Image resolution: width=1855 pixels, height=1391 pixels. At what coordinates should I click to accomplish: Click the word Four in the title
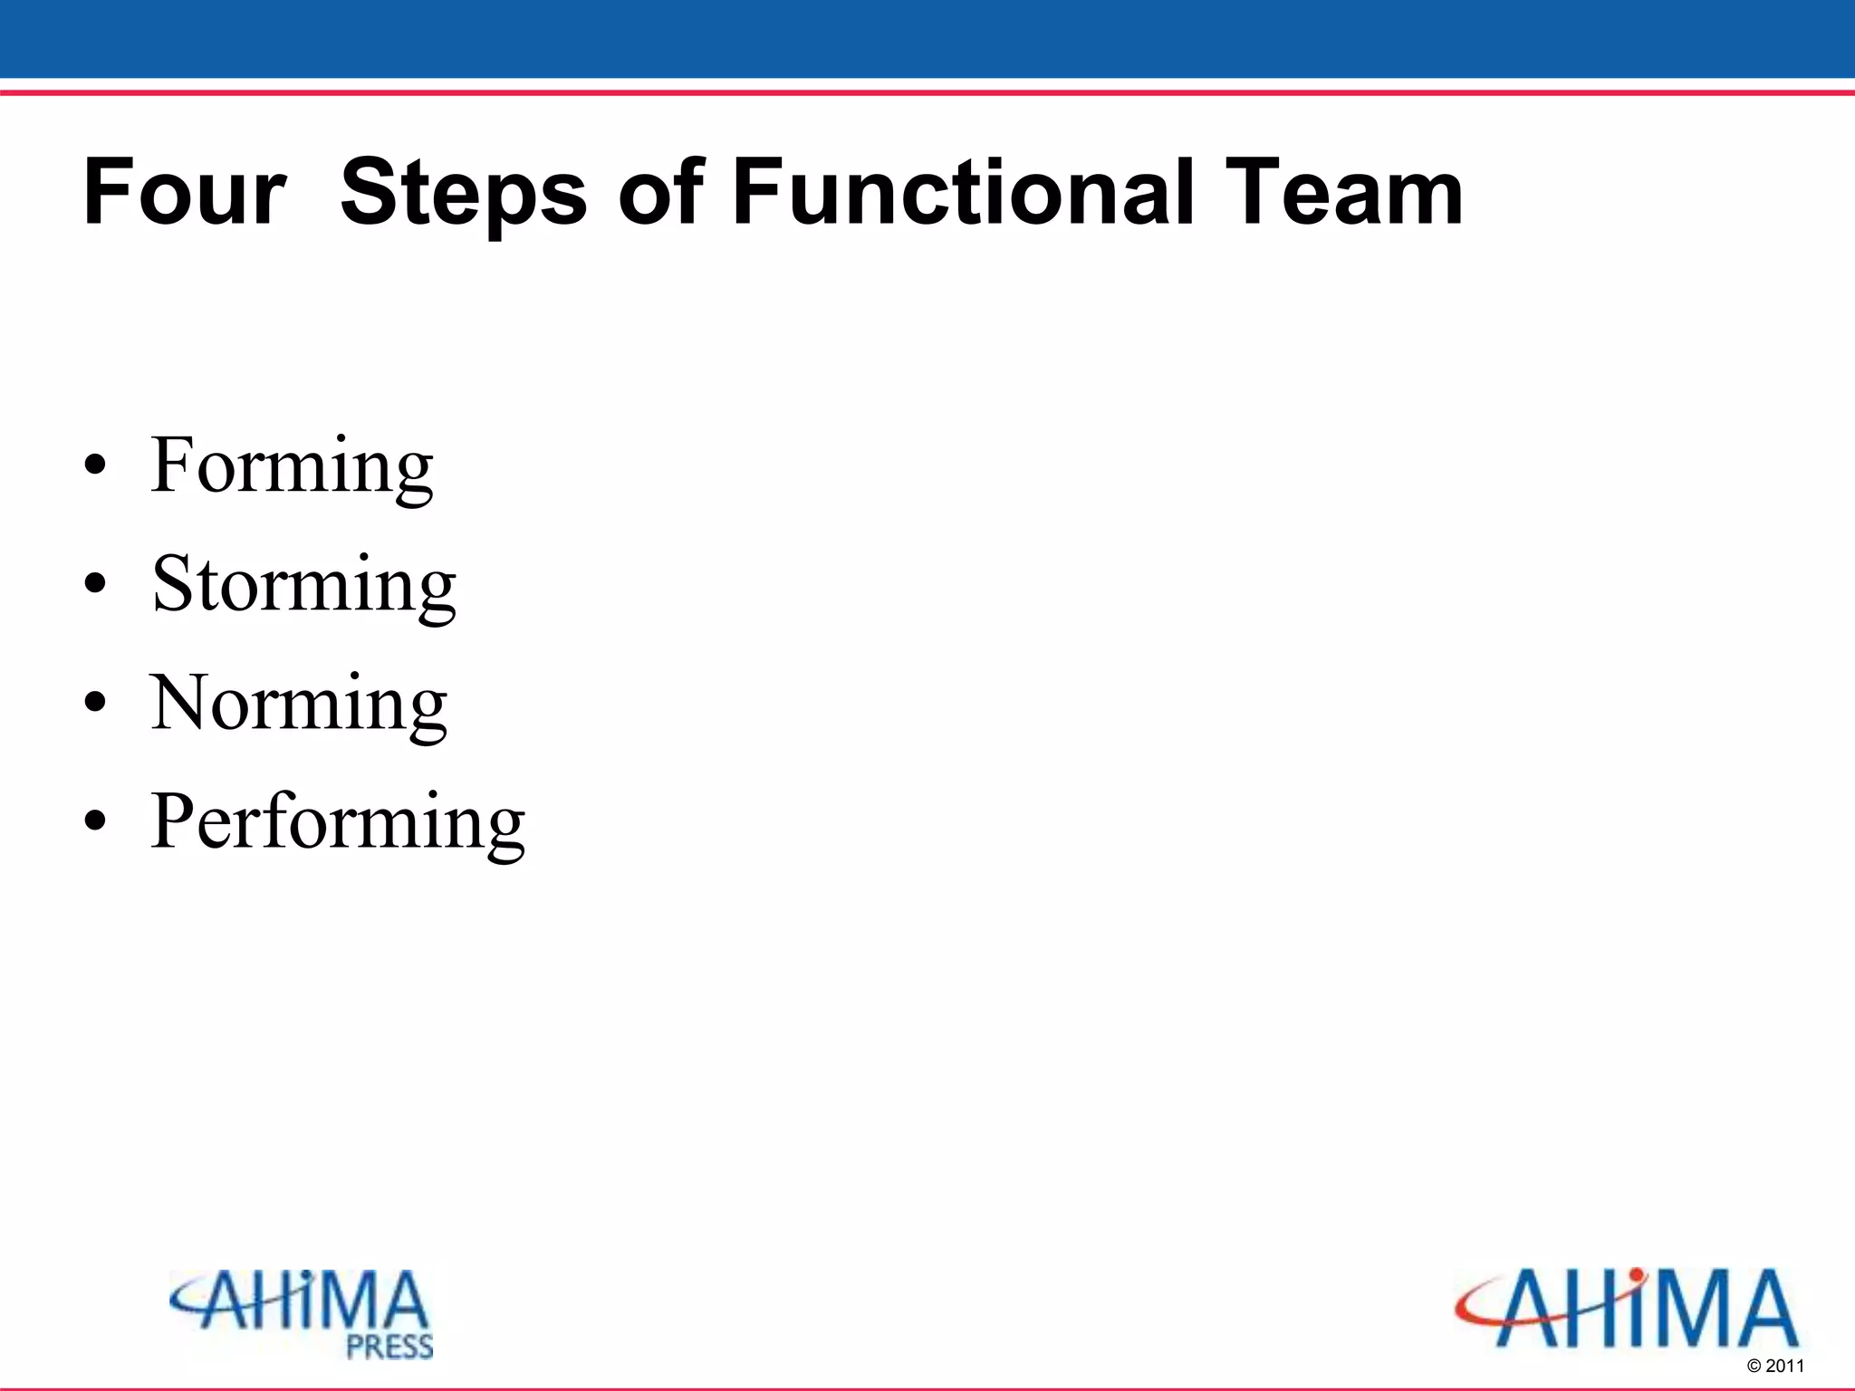(185, 192)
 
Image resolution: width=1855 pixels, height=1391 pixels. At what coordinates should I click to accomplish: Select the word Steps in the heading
(464, 192)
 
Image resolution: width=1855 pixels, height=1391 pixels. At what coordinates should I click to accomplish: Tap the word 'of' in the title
(659, 192)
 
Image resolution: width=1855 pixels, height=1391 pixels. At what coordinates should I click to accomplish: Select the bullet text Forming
(292, 465)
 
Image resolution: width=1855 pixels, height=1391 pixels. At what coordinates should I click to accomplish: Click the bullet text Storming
(304, 584)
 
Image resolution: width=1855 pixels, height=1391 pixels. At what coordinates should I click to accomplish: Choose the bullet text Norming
(299, 703)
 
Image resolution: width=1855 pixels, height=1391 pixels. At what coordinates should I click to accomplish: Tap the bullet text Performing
(338, 821)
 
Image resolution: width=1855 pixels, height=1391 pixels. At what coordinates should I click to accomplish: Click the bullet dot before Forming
(95, 467)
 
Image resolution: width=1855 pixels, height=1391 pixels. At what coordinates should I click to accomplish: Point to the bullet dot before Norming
(95, 705)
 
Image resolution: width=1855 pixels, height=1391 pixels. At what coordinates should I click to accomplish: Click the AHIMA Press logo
(303, 1313)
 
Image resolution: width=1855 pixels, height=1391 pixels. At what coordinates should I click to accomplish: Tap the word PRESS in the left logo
(389, 1348)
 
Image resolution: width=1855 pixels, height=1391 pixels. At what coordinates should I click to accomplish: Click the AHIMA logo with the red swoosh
(1627, 1309)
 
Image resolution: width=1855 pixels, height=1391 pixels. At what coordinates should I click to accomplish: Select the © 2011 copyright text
(1775, 1366)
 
